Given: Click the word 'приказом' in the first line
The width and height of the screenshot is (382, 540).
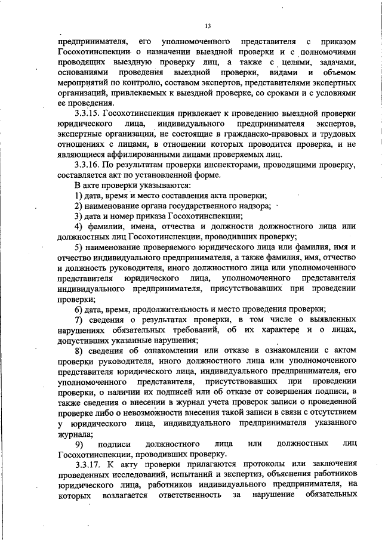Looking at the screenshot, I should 337,42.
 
